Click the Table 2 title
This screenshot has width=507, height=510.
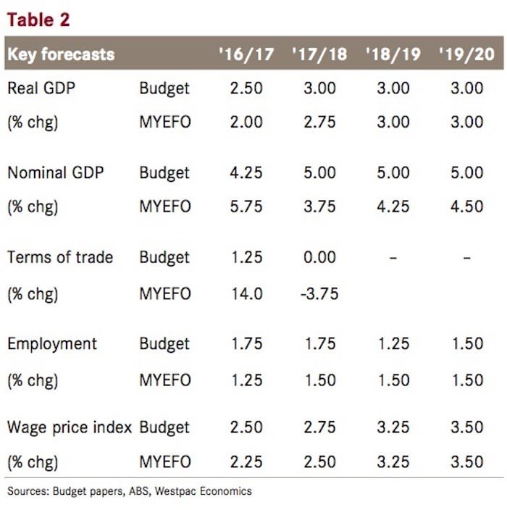39,20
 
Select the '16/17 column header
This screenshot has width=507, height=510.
246,54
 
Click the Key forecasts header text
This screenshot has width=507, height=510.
61,54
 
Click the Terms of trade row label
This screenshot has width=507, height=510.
60,257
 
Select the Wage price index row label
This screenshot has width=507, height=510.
69,427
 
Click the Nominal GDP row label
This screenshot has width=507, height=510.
55,172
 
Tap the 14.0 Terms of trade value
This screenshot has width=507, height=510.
246,293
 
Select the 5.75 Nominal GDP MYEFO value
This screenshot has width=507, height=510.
246,206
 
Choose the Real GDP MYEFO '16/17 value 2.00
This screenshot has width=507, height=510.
246,122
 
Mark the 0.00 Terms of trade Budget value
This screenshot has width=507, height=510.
319,257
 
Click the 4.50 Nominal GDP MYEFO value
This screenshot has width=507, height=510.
466,206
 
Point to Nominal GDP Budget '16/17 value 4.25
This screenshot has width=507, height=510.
246,172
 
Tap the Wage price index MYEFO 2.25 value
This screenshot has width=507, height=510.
246,461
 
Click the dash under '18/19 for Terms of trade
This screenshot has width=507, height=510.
393,258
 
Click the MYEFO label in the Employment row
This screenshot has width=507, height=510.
165,380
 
